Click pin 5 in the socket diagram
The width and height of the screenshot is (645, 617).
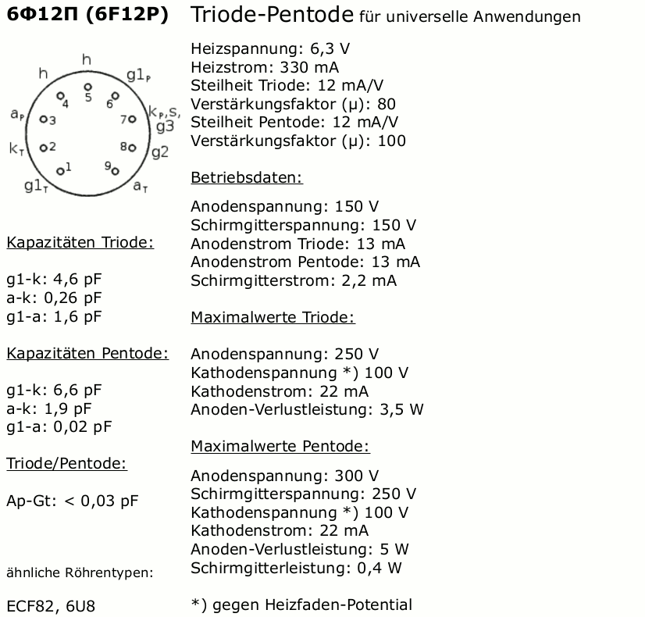[88, 87]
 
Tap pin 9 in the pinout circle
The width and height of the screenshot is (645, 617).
[115, 170]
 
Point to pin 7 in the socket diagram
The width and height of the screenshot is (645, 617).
[132, 119]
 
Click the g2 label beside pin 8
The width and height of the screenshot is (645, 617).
[159, 152]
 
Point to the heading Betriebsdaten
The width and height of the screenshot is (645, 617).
[246, 177]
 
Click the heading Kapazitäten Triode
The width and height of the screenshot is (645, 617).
[80, 242]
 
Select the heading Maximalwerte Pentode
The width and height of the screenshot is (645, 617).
[280, 446]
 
